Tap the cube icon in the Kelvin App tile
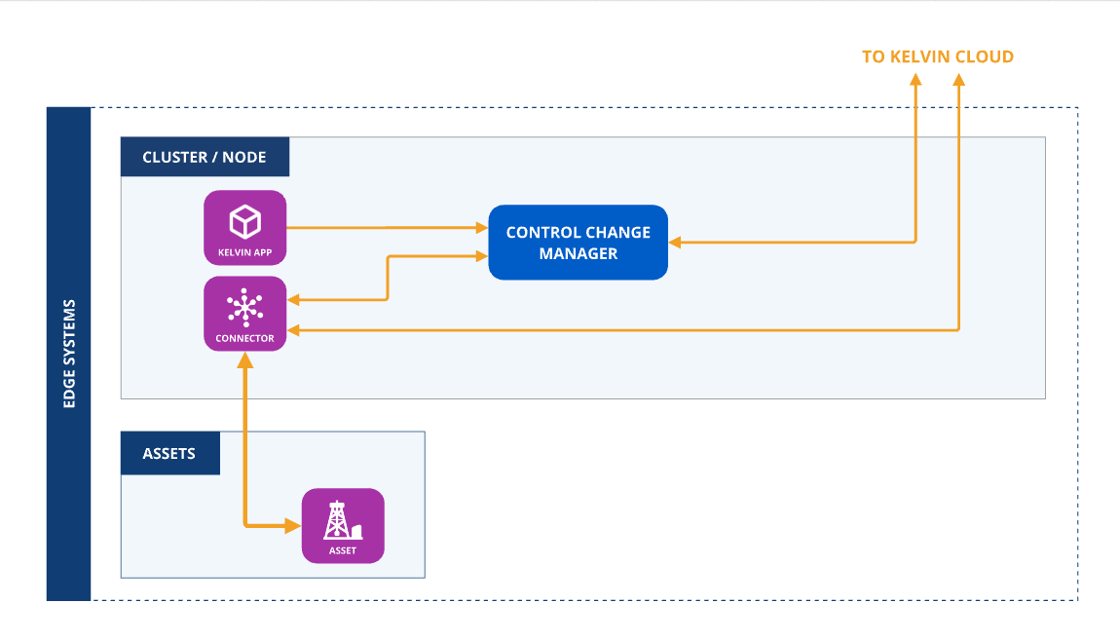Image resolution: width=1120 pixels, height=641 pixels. pos(244,222)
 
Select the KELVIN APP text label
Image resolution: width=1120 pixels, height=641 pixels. pos(244,252)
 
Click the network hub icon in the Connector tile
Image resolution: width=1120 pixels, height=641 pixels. pos(244,308)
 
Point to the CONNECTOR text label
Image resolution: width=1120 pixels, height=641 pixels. pos(244,339)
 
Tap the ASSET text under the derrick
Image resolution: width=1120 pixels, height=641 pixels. pos(343,550)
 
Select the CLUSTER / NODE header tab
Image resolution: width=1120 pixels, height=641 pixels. pos(205,157)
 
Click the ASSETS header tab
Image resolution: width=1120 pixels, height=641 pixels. pos(169,454)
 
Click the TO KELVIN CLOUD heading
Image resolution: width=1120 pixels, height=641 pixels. pos(937,57)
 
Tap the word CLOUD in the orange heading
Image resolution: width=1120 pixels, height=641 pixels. pos(985,57)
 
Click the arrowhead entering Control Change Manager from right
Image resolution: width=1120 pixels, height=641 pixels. pos(675,242)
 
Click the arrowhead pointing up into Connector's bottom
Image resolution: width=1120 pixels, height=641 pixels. pos(244,359)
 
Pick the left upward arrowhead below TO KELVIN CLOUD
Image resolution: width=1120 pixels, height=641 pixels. pos(915,82)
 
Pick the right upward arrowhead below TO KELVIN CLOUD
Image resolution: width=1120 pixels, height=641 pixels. pos(959,82)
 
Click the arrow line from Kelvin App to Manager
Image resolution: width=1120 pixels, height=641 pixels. pos(390,228)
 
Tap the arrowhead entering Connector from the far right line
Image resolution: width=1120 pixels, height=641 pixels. pos(294,331)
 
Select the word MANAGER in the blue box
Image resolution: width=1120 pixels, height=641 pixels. pos(578,253)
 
